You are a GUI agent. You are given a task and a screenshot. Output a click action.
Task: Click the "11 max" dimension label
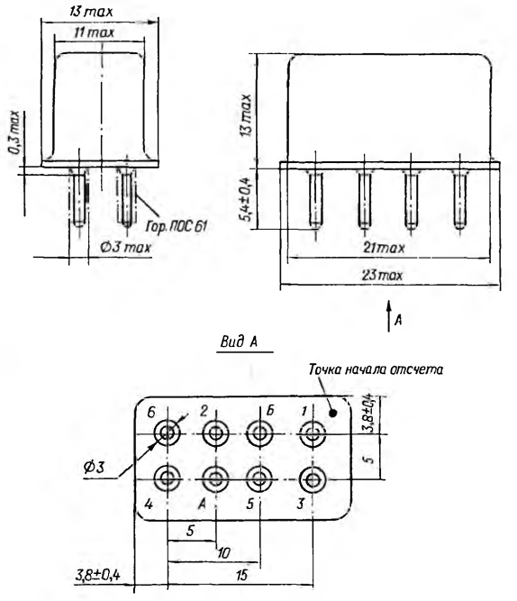point(95,32)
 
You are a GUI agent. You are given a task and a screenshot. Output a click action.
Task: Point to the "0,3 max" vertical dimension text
point(14,132)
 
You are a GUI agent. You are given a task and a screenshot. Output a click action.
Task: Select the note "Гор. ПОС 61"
point(177,226)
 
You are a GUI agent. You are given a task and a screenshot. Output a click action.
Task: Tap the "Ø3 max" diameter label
point(126,247)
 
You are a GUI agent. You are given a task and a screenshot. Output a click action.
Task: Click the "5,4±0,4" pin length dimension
point(247,199)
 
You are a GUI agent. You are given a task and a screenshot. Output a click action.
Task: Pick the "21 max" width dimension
point(384,249)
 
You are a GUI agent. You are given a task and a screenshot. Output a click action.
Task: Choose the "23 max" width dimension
point(382,275)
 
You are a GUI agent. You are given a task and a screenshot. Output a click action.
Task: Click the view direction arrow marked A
point(388,316)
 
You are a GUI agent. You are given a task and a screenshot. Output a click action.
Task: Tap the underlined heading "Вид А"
point(239,341)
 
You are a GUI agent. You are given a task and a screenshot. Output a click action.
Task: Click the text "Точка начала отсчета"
point(376,369)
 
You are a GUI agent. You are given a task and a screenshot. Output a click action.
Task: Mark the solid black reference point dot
point(333,413)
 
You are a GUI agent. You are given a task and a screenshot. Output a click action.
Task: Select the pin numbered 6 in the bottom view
point(168,434)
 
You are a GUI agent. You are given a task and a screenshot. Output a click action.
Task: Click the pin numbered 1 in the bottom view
point(313,434)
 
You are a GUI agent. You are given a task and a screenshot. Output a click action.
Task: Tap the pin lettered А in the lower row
point(216,478)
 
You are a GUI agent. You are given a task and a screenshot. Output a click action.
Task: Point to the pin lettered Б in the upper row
point(259,434)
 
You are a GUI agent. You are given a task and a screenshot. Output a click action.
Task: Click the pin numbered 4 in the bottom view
point(168,478)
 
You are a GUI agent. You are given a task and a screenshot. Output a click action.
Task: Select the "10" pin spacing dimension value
point(223,552)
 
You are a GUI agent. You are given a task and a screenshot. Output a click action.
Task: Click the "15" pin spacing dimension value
point(241,575)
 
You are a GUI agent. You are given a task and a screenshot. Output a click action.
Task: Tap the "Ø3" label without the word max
point(94,468)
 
